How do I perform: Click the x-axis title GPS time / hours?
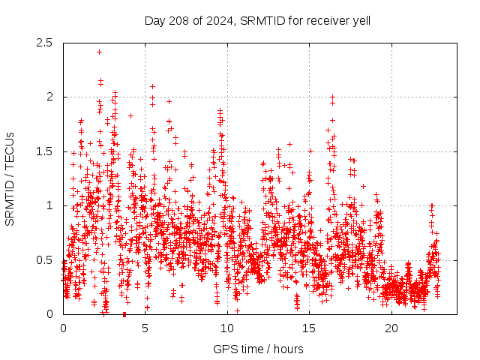(x=258, y=349)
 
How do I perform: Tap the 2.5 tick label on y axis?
(x=44, y=43)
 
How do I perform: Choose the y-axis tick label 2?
(x=50, y=97)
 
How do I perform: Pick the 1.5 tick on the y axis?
(x=44, y=151)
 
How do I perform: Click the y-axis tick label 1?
(x=50, y=205)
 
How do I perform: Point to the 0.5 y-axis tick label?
(x=44, y=260)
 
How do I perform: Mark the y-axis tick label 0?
(x=50, y=314)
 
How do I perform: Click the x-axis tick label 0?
(x=63, y=328)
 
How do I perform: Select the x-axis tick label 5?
(x=145, y=328)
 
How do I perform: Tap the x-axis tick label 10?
(x=227, y=328)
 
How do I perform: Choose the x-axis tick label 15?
(x=310, y=328)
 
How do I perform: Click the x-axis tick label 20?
(x=391, y=328)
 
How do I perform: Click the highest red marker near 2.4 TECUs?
(x=99, y=52)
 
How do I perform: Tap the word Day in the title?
(x=154, y=19)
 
